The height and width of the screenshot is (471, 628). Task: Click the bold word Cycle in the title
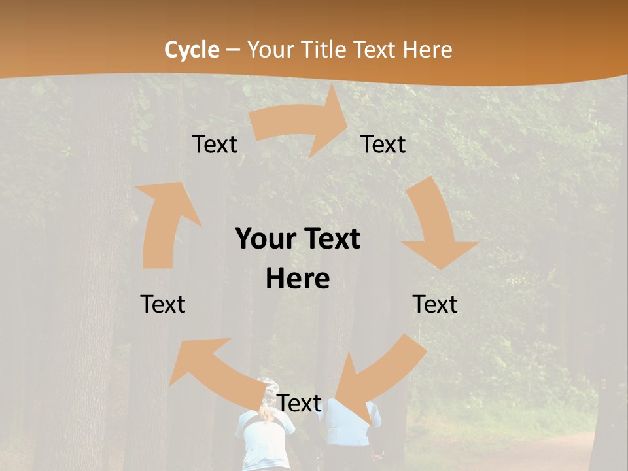pos(192,50)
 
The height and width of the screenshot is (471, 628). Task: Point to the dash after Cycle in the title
pos(233,50)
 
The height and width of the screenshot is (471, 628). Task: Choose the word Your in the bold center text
pos(266,239)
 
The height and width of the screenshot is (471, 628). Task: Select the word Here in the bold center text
pos(298,279)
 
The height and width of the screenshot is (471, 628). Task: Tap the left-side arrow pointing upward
pos(164,222)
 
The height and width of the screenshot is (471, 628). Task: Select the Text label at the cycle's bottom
pos(299,404)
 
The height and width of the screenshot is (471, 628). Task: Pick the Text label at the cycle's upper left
pos(215,144)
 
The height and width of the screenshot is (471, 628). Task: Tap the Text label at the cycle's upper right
pos(383,144)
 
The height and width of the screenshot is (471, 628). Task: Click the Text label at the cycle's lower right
pos(435,304)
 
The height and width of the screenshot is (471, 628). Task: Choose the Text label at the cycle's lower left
pos(163,304)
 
